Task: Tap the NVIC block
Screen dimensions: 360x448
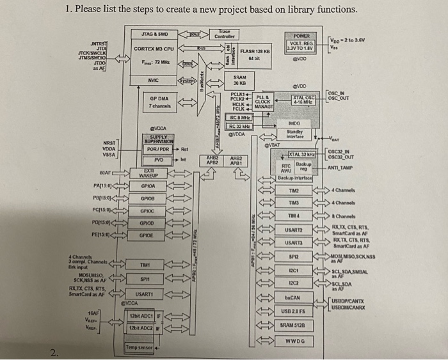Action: [x=152, y=80]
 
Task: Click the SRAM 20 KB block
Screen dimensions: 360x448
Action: [x=240, y=80]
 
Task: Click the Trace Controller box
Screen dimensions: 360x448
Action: [x=223, y=33]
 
